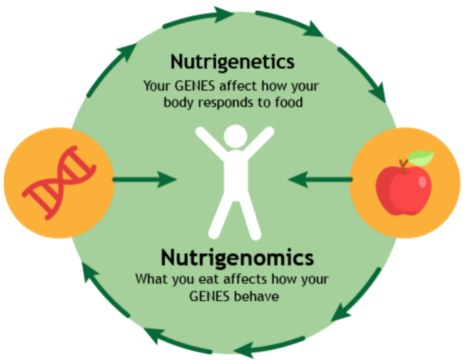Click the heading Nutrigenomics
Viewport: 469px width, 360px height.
tap(238, 258)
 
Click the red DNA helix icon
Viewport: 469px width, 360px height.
tap(58, 182)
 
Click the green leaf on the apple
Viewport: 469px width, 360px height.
tap(420, 159)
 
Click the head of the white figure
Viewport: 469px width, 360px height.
tap(233, 136)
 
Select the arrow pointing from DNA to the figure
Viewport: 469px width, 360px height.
tap(144, 180)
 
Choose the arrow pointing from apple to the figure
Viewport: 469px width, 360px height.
tap(320, 180)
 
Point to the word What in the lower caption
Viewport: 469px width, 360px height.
tap(150, 279)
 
